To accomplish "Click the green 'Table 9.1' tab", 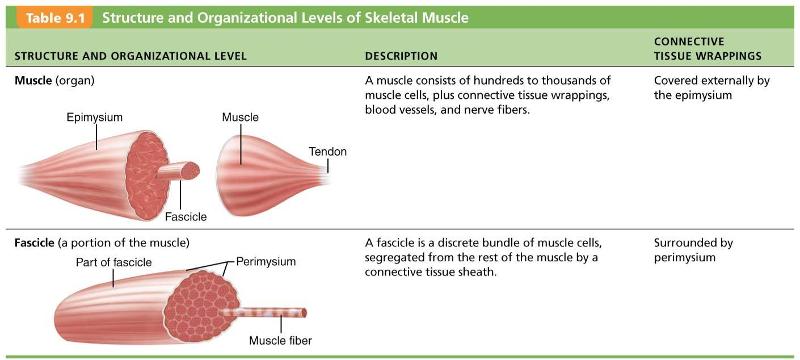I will click(x=47, y=17).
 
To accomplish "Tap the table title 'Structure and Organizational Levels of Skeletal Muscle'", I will click(x=284, y=17).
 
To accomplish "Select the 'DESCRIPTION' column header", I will click(x=401, y=56).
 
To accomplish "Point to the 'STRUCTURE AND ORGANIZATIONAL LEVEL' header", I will click(x=131, y=56).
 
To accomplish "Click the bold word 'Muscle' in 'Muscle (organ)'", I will click(x=36, y=80).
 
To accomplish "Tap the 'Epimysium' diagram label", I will click(x=95, y=118).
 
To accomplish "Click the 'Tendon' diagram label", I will click(x=328, y=152).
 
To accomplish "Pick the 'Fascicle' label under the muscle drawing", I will click(x=186, y=216).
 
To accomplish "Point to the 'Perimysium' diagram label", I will click(x=268, y=262).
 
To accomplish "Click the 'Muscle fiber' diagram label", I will click(x=280, y=341).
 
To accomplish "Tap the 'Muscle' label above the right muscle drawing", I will click(x=240, y=118).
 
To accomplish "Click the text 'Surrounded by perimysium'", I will click(x=694, y=250).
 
